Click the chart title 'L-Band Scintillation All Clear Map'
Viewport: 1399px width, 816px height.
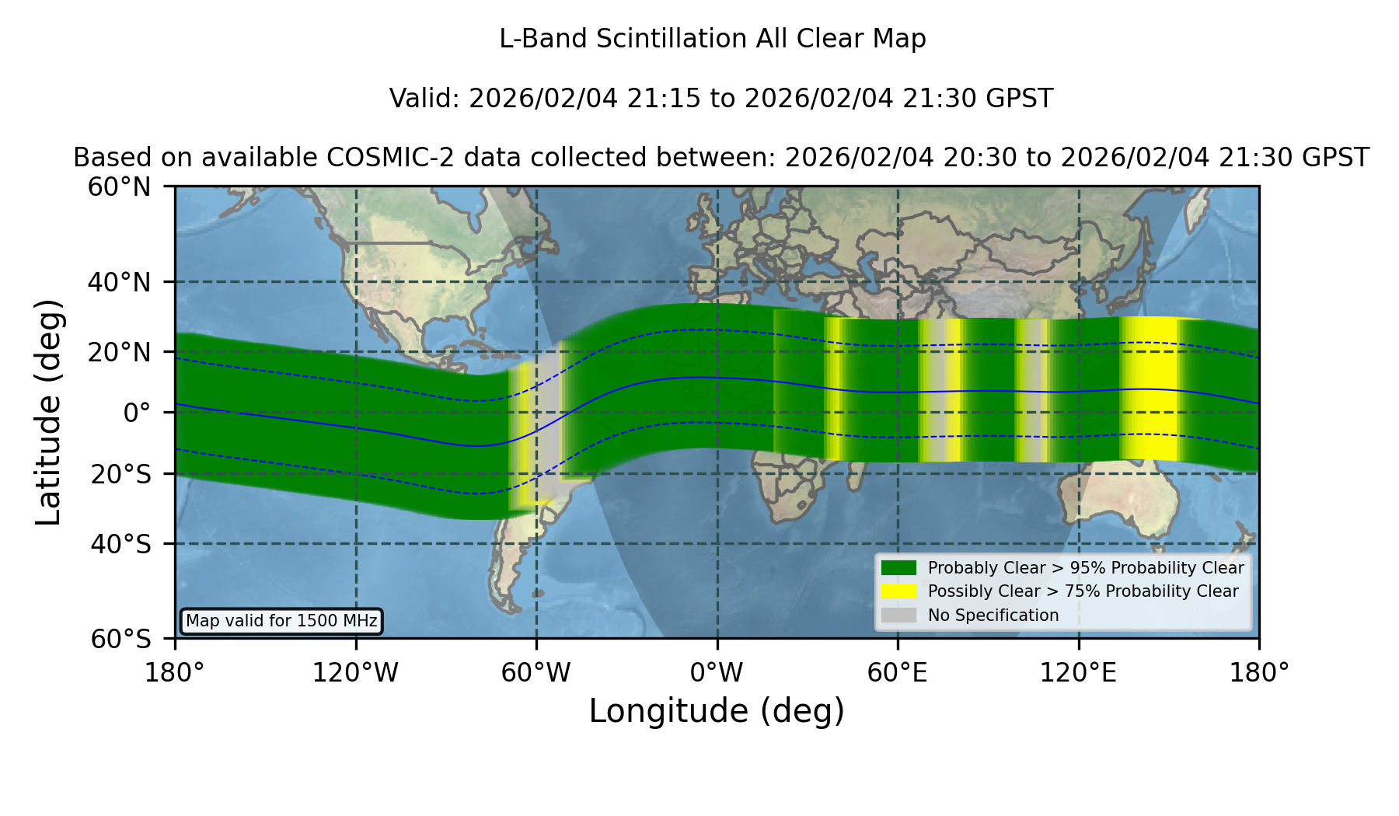712,39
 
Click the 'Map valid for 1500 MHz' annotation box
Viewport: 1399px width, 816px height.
281,621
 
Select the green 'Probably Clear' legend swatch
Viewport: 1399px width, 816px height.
898,568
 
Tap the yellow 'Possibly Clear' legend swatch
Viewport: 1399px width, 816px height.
898,591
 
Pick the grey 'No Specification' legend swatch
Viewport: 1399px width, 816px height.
898,615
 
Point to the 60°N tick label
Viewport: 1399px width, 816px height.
119,187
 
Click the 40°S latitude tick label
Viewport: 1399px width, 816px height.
120,544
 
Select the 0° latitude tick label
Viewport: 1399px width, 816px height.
137,413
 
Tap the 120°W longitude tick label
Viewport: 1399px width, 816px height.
355,672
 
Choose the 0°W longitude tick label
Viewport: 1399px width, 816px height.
717,672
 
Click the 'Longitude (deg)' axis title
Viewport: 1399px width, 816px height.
717,711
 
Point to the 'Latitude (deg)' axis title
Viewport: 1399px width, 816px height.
49,412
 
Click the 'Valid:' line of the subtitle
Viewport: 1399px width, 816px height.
721,99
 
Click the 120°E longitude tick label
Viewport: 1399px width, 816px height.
1078,672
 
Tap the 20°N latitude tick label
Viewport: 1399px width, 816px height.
119,352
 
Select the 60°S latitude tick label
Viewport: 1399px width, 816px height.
120,639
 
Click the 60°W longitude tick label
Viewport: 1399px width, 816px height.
536,672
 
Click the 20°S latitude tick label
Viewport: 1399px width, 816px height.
120,474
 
